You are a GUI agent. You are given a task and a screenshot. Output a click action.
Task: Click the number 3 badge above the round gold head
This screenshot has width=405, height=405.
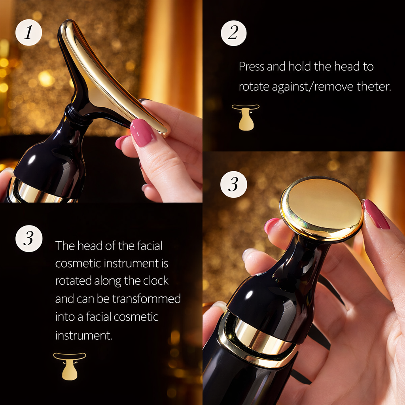pos(233,184)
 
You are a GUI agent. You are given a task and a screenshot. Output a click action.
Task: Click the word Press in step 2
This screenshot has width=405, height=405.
pos(252,66)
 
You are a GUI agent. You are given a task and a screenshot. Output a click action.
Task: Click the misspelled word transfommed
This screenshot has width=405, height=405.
pos(146,299)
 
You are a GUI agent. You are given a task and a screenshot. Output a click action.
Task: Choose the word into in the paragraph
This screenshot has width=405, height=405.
pos(64,317)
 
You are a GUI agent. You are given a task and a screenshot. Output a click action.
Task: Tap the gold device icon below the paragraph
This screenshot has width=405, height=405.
pos(70,366)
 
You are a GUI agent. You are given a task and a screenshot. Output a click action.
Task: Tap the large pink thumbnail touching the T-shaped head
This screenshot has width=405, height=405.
pos(143,132)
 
